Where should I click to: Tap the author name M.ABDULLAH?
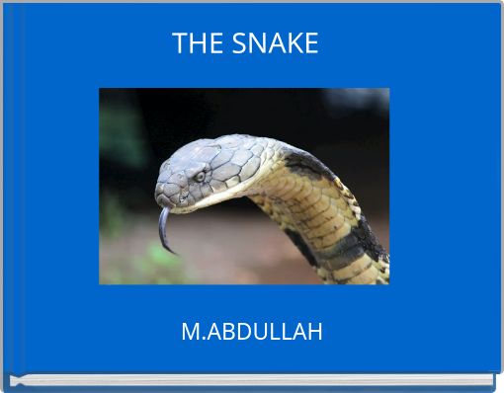click(x=252, y=332)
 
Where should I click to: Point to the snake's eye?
click(x=201, y=176)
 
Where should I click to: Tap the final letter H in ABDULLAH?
click(x=314, y=332)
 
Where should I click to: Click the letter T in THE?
click(x=180, y=43)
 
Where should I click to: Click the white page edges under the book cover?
click(x=252, y=381)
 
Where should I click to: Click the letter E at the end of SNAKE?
click(x=310, y=43)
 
